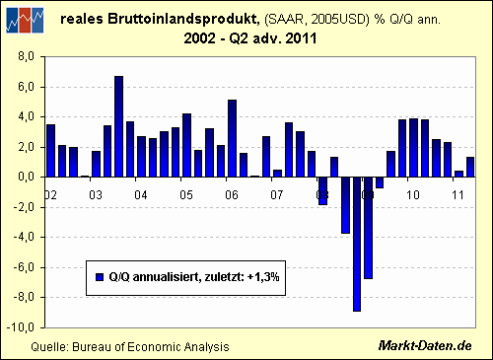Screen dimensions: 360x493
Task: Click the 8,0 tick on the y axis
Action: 26,57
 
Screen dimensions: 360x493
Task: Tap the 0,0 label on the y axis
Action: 26,178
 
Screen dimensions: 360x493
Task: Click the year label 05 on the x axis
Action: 185,195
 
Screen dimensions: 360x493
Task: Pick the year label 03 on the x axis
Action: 96,195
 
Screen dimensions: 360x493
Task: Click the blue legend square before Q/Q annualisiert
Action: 100,276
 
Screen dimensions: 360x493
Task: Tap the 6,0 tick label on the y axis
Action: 26,87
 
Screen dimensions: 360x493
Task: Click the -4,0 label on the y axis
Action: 24,237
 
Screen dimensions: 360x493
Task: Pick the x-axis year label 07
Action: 277,195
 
